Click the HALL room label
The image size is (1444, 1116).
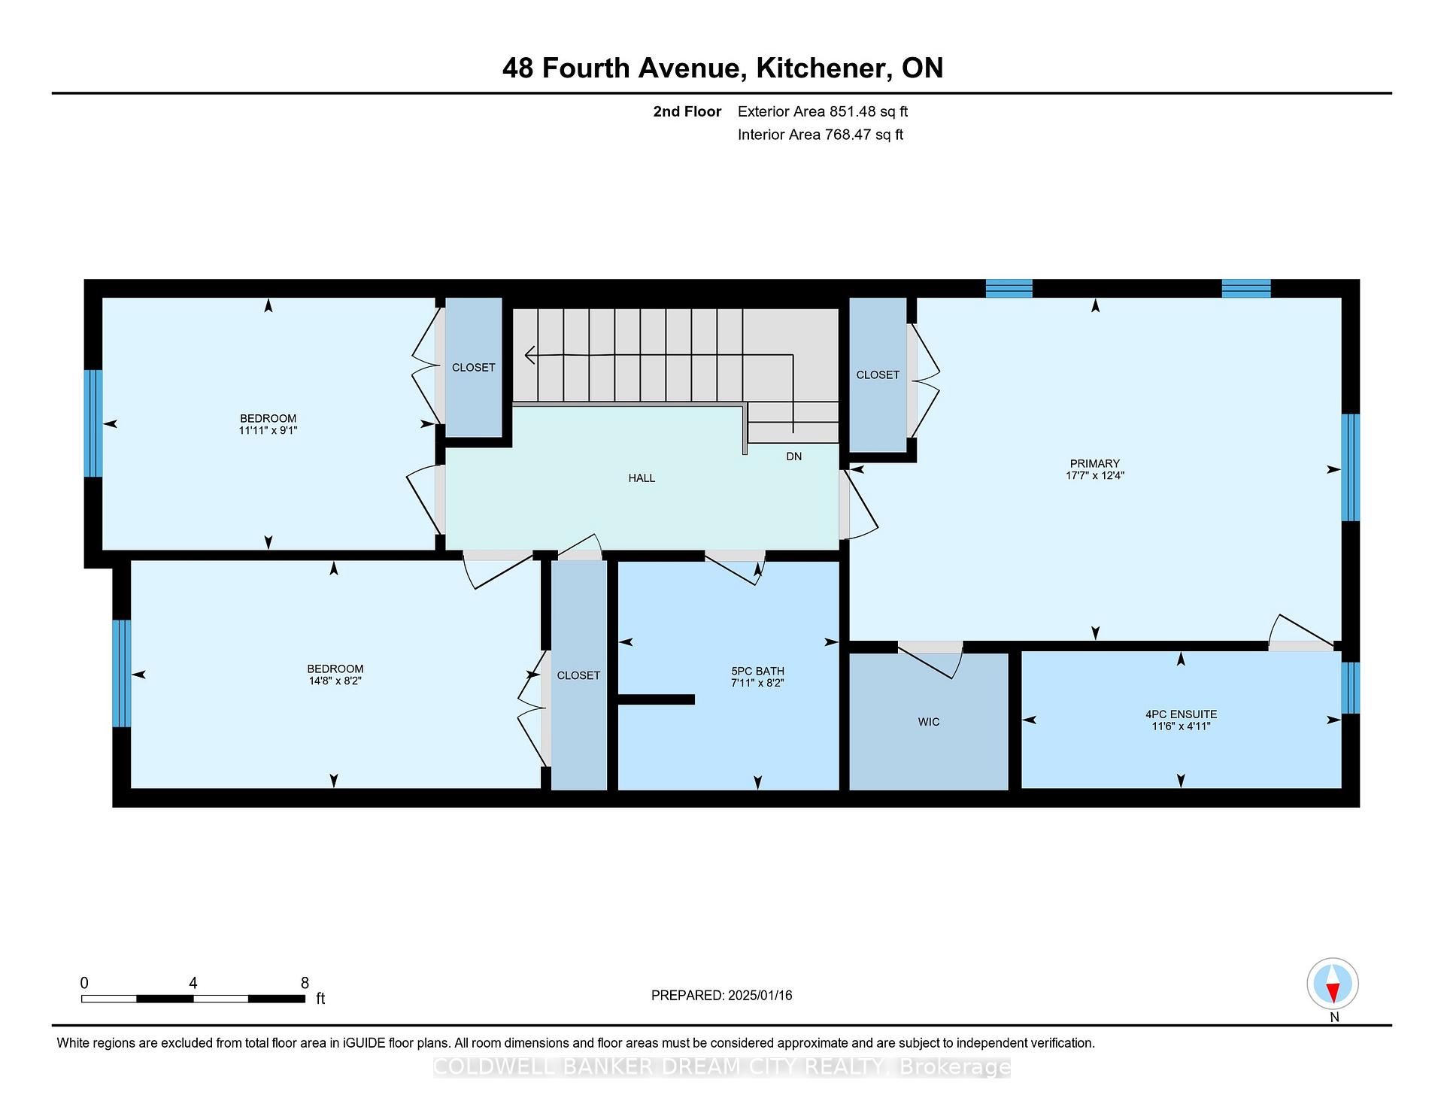[642, 478]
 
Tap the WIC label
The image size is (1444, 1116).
[929, 722]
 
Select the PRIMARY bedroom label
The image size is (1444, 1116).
[1095, 463]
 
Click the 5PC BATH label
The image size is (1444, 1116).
[757, 672]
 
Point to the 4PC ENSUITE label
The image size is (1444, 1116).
[1181, 714]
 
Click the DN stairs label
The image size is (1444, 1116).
[794, 456]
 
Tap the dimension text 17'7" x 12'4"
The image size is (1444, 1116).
[1095, 475]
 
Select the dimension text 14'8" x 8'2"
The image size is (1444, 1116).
[335, 681]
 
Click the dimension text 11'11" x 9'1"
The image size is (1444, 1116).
[268, 430]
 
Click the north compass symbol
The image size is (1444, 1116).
[1333, 984]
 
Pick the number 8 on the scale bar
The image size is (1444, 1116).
[305, 983]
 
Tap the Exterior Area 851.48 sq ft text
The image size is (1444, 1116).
[823, 112]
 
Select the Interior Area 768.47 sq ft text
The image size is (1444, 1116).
[821, 135]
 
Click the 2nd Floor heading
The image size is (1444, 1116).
[687, 112]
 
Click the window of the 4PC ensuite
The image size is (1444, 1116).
[1351, 687]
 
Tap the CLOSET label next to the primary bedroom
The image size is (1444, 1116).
[878, 375]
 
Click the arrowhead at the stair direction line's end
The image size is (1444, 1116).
[530, 354]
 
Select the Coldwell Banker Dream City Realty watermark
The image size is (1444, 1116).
[722, 1067]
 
